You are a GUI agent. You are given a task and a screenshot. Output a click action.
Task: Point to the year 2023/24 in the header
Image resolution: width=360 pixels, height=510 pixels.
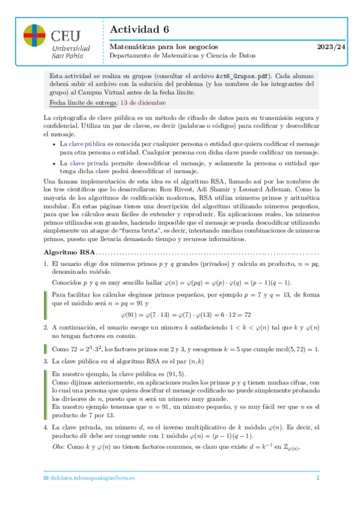click(x=332, y=46)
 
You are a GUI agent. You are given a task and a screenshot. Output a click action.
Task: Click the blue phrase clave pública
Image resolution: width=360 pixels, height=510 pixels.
click(x=88, y=145)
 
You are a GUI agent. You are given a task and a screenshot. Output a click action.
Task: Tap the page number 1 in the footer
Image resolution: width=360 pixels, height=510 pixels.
click(x=317, y=478)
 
